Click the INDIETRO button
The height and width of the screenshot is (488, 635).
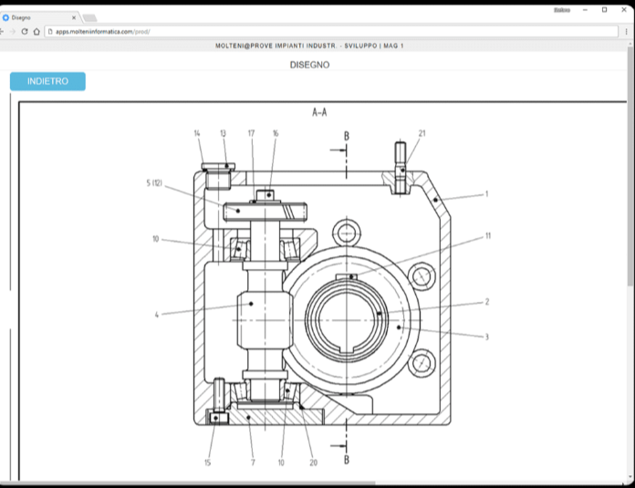47,81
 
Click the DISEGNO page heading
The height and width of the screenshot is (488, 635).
309,65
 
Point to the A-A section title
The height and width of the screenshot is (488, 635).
319,113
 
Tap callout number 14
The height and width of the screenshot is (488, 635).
197,133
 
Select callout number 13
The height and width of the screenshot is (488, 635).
223,133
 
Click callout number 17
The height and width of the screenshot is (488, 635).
252,133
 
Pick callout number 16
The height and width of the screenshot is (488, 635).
276,133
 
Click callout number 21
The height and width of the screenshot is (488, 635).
422,133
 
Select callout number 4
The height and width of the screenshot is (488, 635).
157,315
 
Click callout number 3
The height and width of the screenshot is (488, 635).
486,337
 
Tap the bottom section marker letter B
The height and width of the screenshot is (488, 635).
346,459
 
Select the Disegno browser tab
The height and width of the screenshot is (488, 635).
36,17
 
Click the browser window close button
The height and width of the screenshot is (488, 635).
623,9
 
